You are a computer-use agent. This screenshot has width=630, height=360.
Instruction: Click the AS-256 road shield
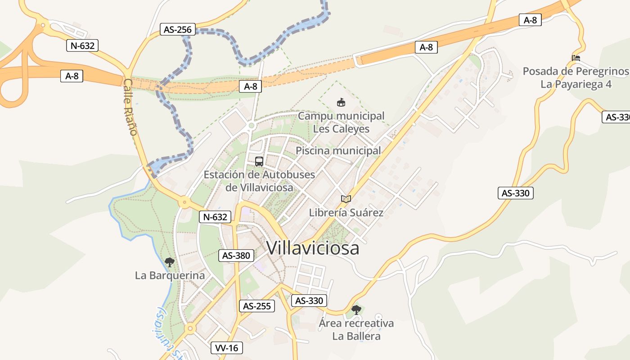tap(178, 30)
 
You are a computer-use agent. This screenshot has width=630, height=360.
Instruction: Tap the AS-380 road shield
tap(236, 256)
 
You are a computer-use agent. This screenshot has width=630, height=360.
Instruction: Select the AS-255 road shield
tap(256, 306)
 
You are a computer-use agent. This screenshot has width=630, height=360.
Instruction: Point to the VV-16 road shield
tap(227, 348)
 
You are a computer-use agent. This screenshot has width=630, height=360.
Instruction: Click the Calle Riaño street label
tap(130, 107)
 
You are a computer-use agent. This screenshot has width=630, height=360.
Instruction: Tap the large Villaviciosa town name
tap(313, 248)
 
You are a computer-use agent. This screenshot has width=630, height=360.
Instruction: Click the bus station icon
tap(259, 162)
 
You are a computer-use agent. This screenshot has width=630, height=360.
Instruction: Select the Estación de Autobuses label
tap(259, 180)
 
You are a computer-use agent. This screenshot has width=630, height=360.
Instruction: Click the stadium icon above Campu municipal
tap(341, 103)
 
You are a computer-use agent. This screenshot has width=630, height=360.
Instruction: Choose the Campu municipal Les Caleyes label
tap(341, 122)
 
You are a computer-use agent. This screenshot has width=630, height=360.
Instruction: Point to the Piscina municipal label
tap(338, 151)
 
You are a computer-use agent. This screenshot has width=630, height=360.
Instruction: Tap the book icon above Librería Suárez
tap(346, 199)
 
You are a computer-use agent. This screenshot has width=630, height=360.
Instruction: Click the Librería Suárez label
tap(346, 212)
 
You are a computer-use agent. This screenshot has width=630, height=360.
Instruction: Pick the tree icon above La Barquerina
tap(169, 262)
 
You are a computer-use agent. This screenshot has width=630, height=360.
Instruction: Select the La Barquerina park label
tap(170, 275)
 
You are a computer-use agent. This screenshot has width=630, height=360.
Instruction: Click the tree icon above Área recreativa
tap(356, 310)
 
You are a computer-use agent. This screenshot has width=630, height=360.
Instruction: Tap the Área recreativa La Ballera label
tap(356, 329)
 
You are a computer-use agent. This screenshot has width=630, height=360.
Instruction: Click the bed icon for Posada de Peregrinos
tap(576, 58)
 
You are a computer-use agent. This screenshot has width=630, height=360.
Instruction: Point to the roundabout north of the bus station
tap(252, 125)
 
